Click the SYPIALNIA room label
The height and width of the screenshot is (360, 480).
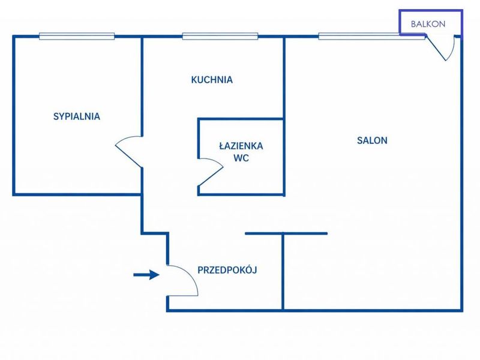77,116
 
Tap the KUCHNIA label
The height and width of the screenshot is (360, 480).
212,80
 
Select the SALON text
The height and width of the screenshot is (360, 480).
372,140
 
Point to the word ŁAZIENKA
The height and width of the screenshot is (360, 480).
241,145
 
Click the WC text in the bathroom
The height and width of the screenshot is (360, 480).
241,158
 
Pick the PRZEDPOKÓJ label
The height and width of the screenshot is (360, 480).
227,270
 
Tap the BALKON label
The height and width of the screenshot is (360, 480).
428,24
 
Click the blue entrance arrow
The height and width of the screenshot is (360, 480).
146,275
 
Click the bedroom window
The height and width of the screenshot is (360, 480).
77,36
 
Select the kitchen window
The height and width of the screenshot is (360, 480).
220,36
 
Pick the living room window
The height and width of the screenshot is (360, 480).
371,37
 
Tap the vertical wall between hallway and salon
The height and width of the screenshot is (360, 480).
283,272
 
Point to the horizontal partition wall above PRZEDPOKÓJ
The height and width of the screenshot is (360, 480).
286,233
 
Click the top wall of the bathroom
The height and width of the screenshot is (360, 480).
241,119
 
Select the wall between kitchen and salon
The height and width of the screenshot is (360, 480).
284,77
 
